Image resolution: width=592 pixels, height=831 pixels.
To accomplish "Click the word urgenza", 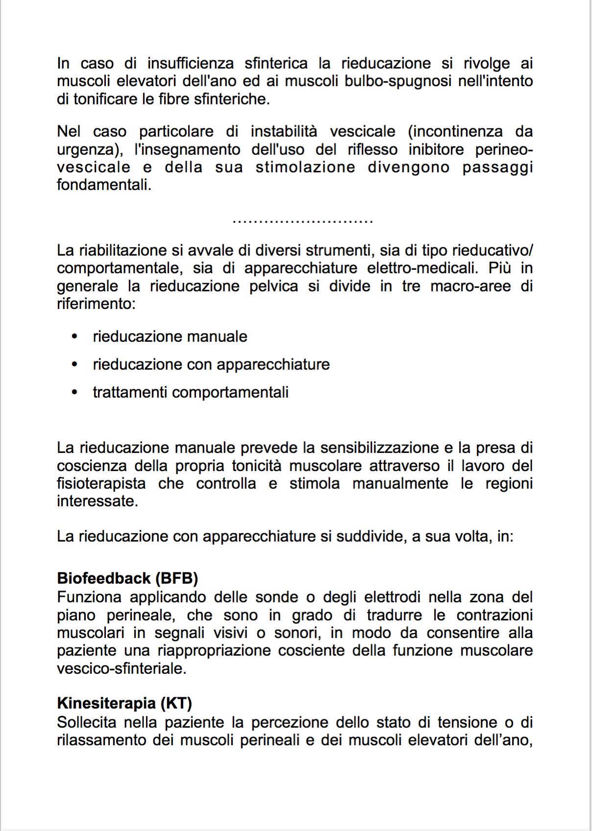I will pos(86,150).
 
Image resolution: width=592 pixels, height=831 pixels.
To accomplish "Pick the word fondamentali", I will pos(104,185).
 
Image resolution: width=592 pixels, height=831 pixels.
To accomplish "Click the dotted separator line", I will pos(302,221).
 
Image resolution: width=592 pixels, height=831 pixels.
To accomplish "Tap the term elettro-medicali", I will pos(422,268).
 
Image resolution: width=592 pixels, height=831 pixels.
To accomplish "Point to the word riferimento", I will pos(96,304).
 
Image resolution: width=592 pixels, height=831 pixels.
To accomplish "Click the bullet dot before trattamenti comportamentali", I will pos(74,392).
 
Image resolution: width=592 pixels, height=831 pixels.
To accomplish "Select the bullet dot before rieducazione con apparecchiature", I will pos(74,364).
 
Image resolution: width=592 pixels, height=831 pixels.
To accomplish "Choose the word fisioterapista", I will pos(101,484).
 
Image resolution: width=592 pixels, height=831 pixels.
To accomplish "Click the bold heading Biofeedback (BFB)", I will pos(127,578).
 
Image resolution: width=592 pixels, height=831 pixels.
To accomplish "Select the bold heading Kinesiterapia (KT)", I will pos(124,704).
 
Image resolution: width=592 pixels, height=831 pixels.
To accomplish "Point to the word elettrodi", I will pos(392,597).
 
